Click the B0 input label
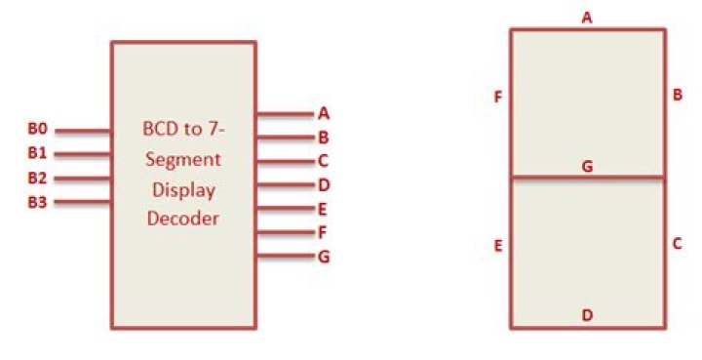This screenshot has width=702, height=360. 37,129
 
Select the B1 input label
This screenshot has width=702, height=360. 37,153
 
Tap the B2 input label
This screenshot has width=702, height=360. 37,178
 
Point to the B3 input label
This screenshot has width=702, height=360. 37,202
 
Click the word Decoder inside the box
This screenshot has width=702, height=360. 183,219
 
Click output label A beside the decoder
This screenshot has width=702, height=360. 323,113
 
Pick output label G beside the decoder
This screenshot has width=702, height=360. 323,257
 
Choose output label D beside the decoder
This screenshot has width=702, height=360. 323,184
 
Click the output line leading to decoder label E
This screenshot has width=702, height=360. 283,209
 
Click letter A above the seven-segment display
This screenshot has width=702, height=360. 587,17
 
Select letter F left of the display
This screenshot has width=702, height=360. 498,97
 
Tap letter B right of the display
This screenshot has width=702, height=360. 677,95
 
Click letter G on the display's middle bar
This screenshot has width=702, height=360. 587,167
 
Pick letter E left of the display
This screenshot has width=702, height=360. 498,247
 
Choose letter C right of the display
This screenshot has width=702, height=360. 677,244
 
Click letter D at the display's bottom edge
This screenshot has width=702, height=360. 587,315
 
